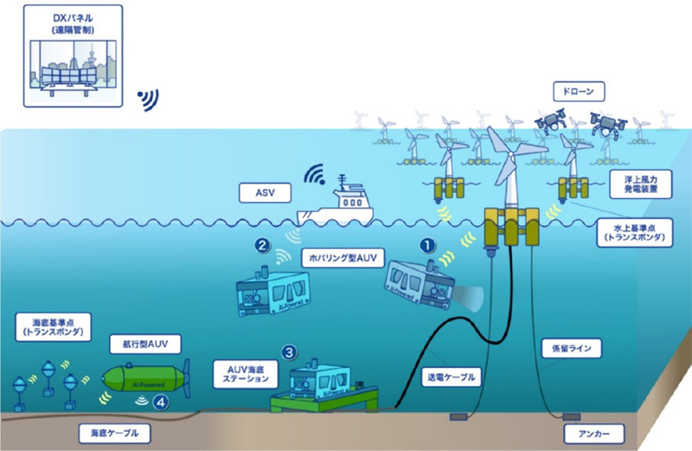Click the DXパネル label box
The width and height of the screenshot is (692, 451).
(73, 56)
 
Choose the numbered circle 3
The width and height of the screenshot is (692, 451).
(291, 351)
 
